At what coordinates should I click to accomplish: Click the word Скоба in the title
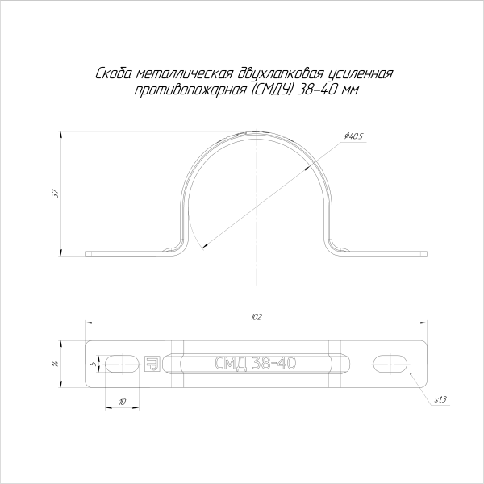point(111,74)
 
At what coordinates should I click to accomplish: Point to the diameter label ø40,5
point(353,136)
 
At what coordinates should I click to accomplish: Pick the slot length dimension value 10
point(122,401)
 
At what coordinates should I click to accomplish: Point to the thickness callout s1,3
point(440,400)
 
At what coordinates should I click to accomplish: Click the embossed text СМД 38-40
point(255,364)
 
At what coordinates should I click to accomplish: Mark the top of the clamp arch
point(257,131)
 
